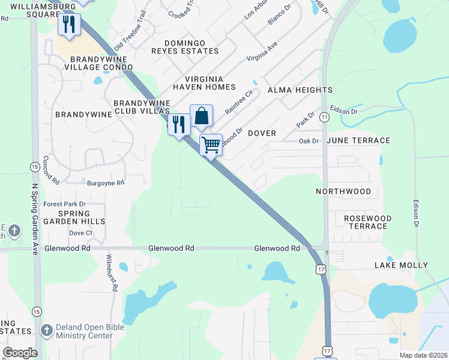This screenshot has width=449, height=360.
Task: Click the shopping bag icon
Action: (202, 116)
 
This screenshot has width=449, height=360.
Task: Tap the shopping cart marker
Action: (211, 145)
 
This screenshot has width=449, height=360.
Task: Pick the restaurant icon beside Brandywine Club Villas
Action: (179, 124)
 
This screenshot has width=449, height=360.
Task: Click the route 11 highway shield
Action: (324, 116)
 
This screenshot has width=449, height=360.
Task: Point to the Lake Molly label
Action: (401, 265)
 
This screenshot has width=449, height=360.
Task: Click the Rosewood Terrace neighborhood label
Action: (367, 222)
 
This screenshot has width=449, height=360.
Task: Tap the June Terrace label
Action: (359, 140)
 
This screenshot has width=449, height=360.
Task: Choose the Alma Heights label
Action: (300, 90)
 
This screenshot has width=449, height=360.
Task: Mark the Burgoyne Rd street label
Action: (105, 182)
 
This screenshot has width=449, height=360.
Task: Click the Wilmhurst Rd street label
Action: (111, 272)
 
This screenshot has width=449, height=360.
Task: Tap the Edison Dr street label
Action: (415, 213)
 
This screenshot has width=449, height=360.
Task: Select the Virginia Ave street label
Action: (262, 52)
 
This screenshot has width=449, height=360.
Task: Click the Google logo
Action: (20, 353)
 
